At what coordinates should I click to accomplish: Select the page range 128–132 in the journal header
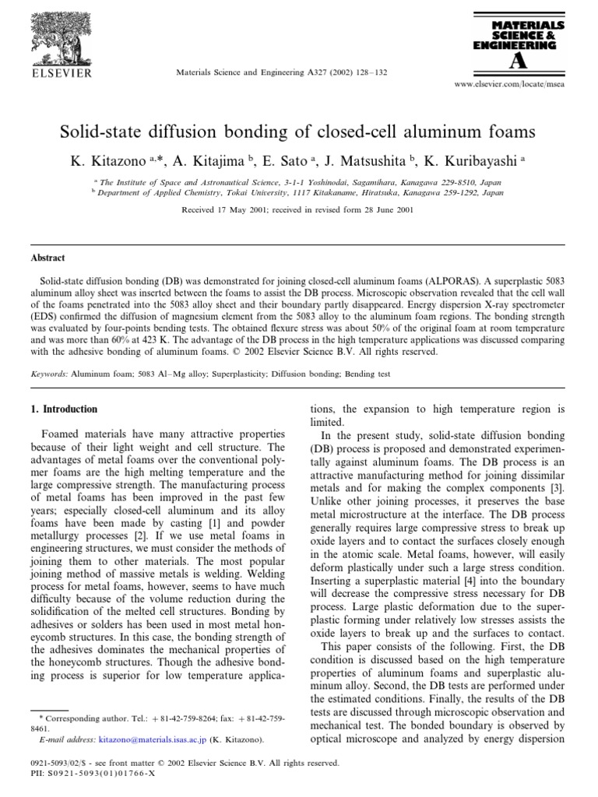coord(371,72)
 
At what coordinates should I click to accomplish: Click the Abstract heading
coord(47,258)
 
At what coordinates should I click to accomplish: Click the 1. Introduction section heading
coord(64,409)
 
